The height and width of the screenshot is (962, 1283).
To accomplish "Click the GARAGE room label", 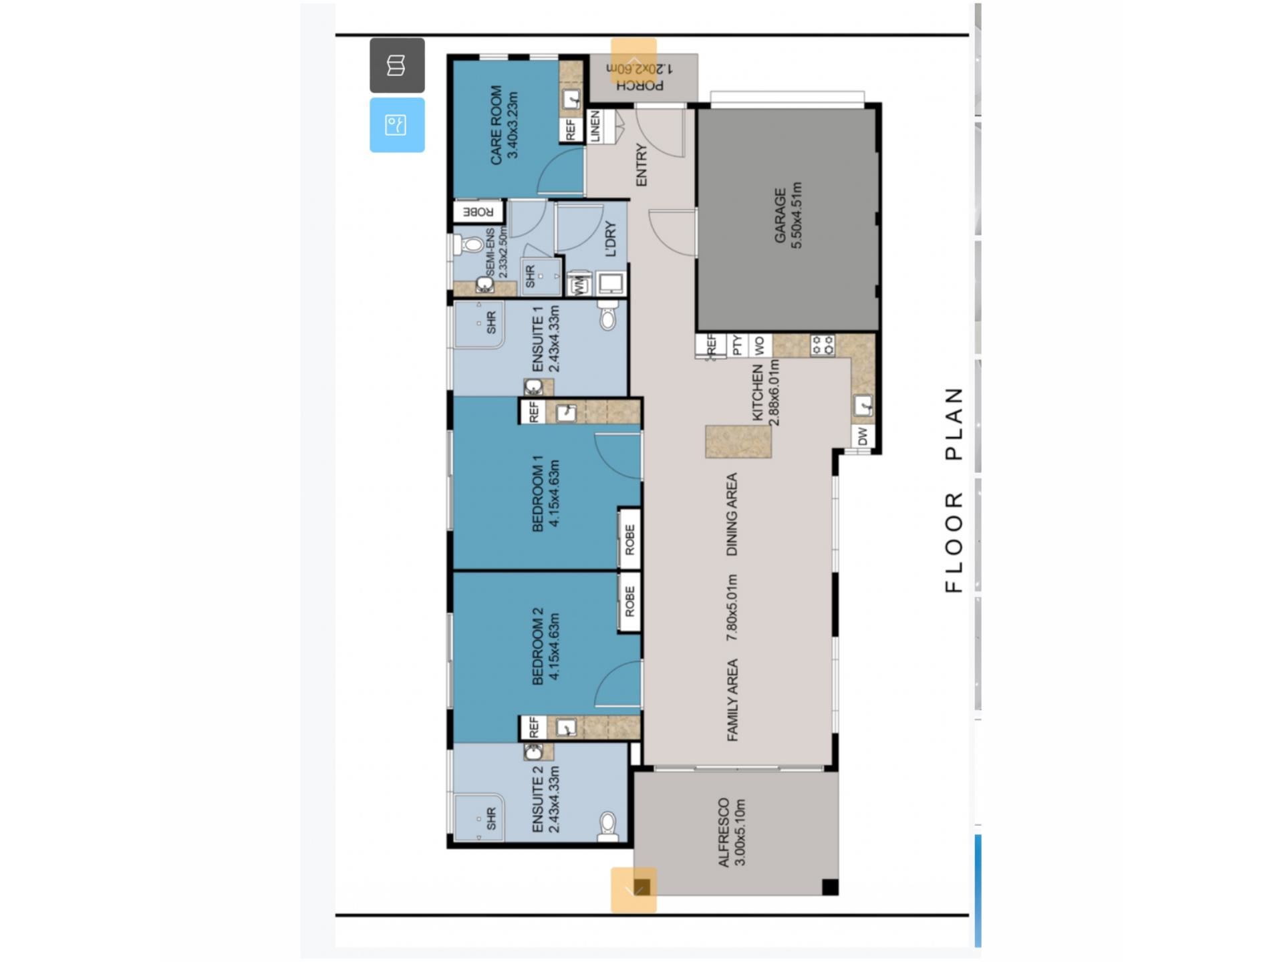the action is pyautogui.click(x=780, y=215).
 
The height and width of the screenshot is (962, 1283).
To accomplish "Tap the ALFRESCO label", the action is pyautogui.click(x=724, y=832).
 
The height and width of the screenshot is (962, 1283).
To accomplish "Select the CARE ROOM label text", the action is pyautogui.click(x=496, y=124).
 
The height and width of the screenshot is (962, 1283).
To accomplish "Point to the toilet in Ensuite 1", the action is pyautogui.click(x=607, y=315).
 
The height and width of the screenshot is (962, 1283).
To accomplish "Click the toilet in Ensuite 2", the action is pyautogui.click(x=607, y=826).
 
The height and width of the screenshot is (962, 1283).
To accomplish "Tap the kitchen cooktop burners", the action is pyautogui.click(x=823, y=345).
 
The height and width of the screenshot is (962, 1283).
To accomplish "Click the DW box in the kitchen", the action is pyautogui.click(x=863, y=436).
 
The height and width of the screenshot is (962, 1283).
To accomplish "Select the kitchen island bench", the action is pyautogui.click(x=738, y=442).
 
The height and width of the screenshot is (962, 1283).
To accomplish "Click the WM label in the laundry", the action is pyautogui.click(x=579, y=285).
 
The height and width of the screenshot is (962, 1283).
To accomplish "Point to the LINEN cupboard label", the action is pyautogui.click(x=595, y=126).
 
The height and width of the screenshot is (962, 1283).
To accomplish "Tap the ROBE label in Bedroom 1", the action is pyautogui.click(x=629, y=539).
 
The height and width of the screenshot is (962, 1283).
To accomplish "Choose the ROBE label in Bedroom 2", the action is pyautogui.click(x=629, y=601).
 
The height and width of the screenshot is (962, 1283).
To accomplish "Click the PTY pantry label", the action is pyautogui.click(x=737, y=345).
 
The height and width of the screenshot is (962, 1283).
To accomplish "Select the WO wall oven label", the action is pyautogui.click(x=759, y=345).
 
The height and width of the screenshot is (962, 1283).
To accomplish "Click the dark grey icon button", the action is pyautogui.click(x=397, y=65).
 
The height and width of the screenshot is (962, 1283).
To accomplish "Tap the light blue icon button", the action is pyautogui.click(x=397, y=125).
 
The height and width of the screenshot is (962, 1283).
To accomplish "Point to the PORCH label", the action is pyautogui.click(x=640, y=86).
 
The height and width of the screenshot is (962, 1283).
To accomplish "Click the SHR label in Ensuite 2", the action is pyautogui.click(x=492, y=818).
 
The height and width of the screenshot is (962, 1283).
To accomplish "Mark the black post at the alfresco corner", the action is pyautogui.click(x=830, y=887).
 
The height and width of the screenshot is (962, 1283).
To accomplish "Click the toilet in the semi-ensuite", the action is pyautogui.click(x=470, y=245).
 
